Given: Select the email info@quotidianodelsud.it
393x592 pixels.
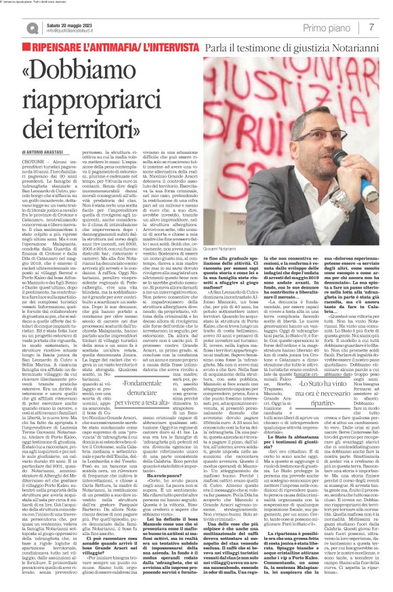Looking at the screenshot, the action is click(x=71, y=31).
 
